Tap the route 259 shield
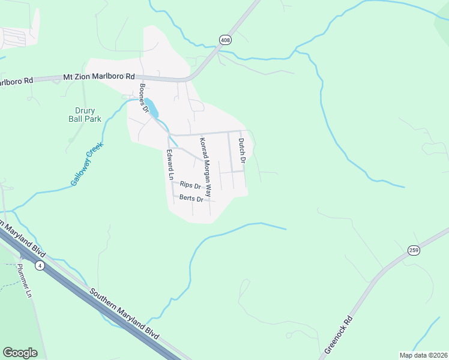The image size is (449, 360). point(413,250)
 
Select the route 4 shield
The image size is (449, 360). point(39,266)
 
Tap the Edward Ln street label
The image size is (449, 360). point(170,165)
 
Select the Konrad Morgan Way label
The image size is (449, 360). point(206,168)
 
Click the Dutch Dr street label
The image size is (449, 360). point(242,151)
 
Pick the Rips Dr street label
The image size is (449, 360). point(190,186)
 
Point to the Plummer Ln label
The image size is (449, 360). point(24,281)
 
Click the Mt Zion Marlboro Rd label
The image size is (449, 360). point(100,77)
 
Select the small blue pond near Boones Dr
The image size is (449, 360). point(152,109)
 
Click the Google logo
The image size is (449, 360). point(20,352)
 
